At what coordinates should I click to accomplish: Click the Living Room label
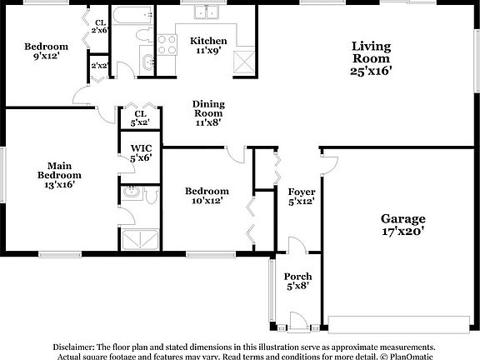coord(371,58)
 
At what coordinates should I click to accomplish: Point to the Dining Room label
coord(209,113)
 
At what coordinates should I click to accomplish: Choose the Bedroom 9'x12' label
coord(46,52)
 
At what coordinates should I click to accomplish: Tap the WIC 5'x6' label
coord(140,152)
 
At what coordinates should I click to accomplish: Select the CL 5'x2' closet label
coord(140,118)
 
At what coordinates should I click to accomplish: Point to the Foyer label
coord(301,196)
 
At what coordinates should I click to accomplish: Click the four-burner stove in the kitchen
coord(165,43)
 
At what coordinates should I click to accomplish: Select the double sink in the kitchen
coord(205,12)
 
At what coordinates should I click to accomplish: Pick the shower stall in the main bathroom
coord(142,240)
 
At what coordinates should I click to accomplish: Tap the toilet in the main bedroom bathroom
coord(152,196)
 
